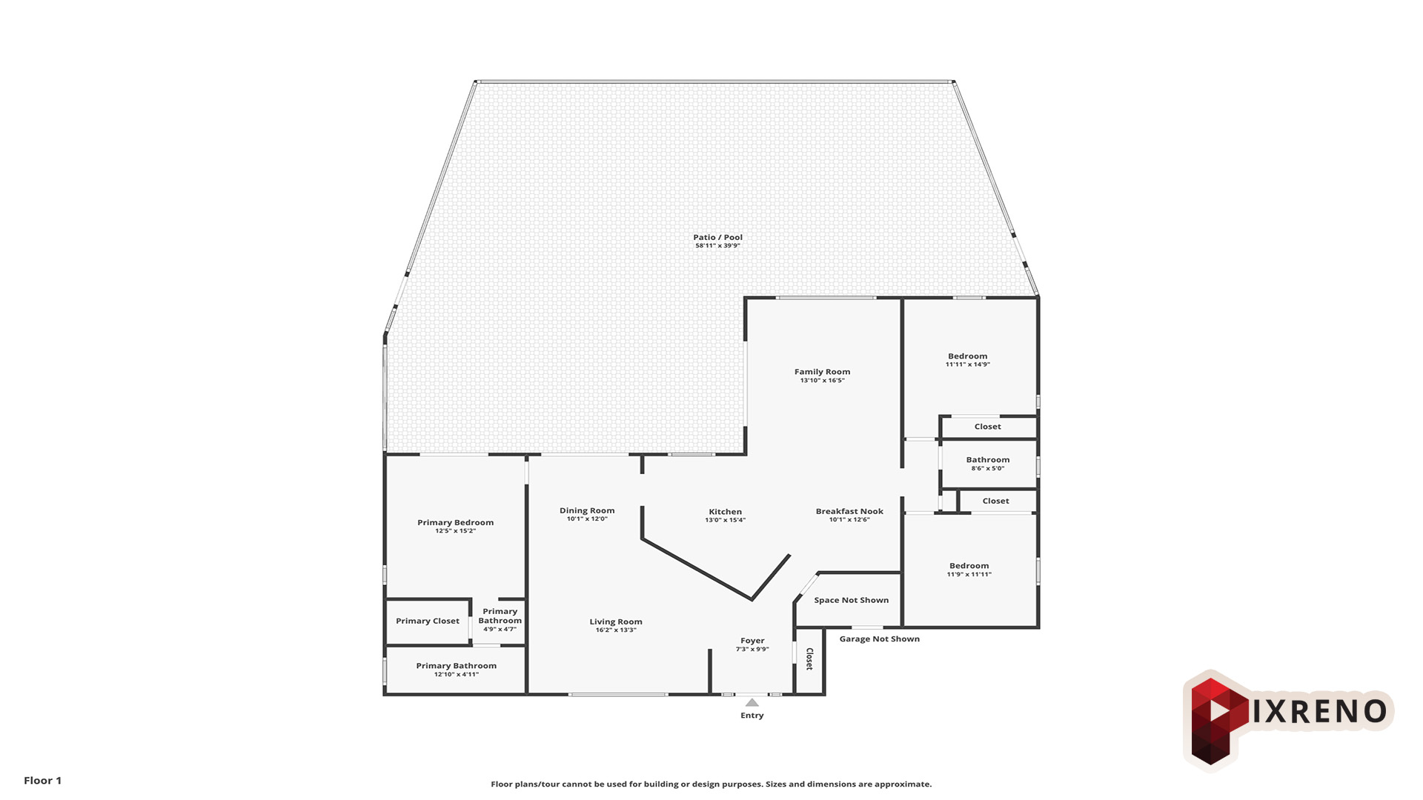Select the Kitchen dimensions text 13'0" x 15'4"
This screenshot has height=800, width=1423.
(x=725, y=520)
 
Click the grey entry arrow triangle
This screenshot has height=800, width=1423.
(x=752, y=702)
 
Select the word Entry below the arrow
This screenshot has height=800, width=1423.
(x=752, y=716)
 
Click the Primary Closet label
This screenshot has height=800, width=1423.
(x=428, y=621)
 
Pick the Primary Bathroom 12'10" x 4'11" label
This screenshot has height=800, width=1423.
(x=457, y=670)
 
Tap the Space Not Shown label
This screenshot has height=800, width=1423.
(x=852, y=600)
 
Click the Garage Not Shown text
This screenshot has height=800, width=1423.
(x=880, y=639)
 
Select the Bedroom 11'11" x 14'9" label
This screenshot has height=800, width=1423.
(x=968, y=360)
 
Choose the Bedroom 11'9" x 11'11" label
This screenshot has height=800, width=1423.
(x=969, y=570)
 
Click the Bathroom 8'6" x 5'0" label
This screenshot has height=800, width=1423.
(x=988, y=464)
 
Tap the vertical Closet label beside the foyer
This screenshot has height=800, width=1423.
(x=809, y=659)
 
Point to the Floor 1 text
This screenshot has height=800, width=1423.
(x=43, y=780)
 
